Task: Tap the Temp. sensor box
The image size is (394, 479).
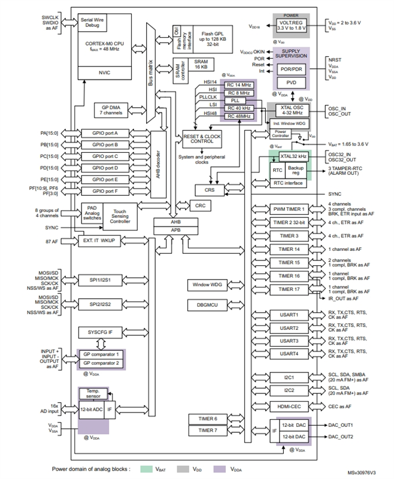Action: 92,393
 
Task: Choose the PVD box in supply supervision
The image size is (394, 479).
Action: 292,83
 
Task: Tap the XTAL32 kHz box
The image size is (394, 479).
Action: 293,156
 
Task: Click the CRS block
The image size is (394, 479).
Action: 209,189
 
